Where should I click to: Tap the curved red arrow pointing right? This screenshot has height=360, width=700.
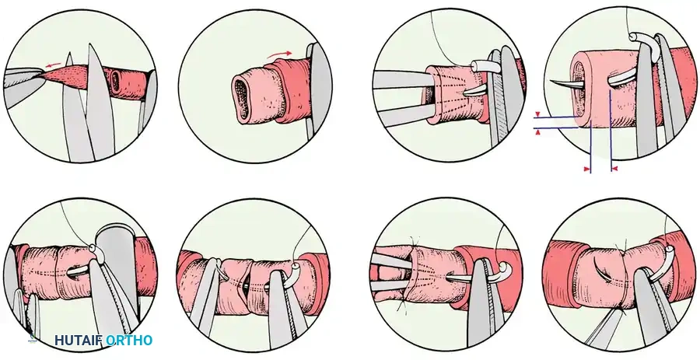[279, 54]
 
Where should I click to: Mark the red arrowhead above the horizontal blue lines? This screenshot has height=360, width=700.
[538, 112]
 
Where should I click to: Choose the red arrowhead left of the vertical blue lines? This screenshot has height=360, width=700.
[585, 167]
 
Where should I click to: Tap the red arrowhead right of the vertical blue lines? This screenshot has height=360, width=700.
[614, 167]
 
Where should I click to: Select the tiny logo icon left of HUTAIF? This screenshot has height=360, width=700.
[33, 340]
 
